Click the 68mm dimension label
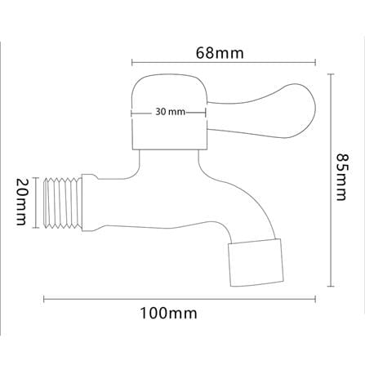click(220, 53)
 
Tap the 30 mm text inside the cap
click(170, 112)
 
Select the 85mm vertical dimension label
click(341, 177)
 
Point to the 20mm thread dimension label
click(21, 202)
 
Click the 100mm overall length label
click(168, 313)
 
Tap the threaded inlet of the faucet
click(63, 203)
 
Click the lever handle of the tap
click(261, 111)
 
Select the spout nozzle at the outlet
click(256, 263)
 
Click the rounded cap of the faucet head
click(169, 112)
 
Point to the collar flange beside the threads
click(90, 203)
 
